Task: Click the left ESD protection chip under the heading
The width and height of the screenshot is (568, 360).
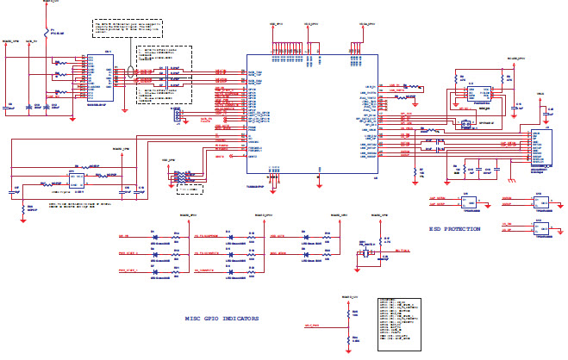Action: point(471,203)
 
